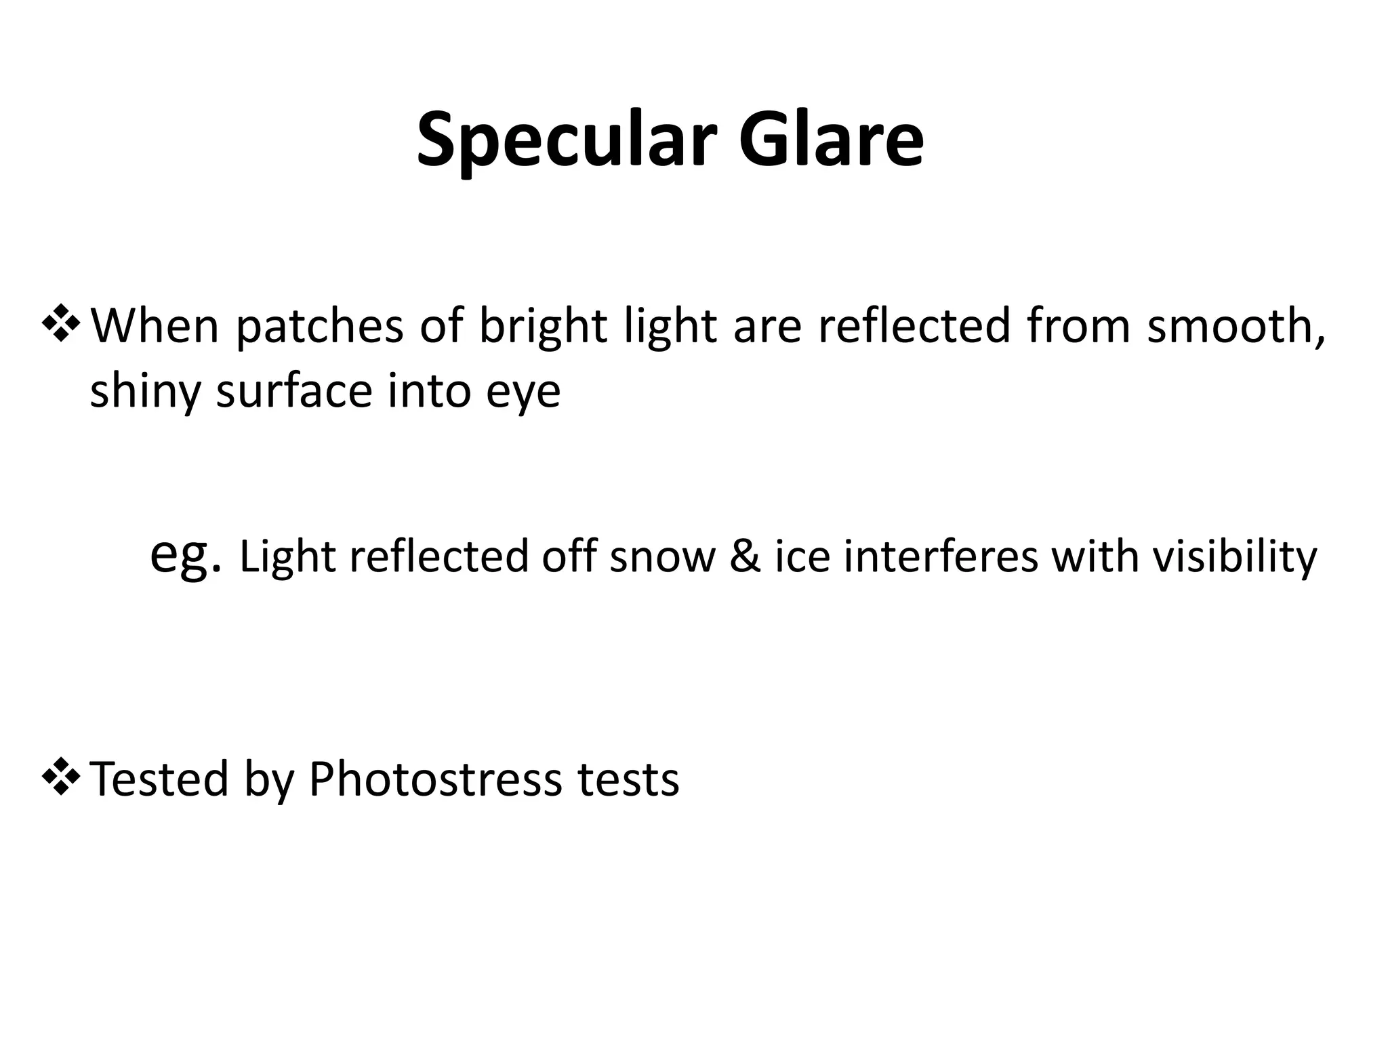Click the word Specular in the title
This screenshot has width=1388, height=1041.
[566, 141]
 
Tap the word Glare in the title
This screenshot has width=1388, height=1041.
[831, 141]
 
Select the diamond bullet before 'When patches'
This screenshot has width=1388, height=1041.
[61, 324]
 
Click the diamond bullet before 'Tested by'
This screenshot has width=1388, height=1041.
[61, 777]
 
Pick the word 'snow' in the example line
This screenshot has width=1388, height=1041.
[662, 557]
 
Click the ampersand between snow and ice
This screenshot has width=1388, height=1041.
[745, 557]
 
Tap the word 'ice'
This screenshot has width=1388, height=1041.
[802, 557]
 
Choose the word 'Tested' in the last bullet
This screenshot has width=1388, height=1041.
[159, 779]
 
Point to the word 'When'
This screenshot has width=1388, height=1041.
[155, 327]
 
